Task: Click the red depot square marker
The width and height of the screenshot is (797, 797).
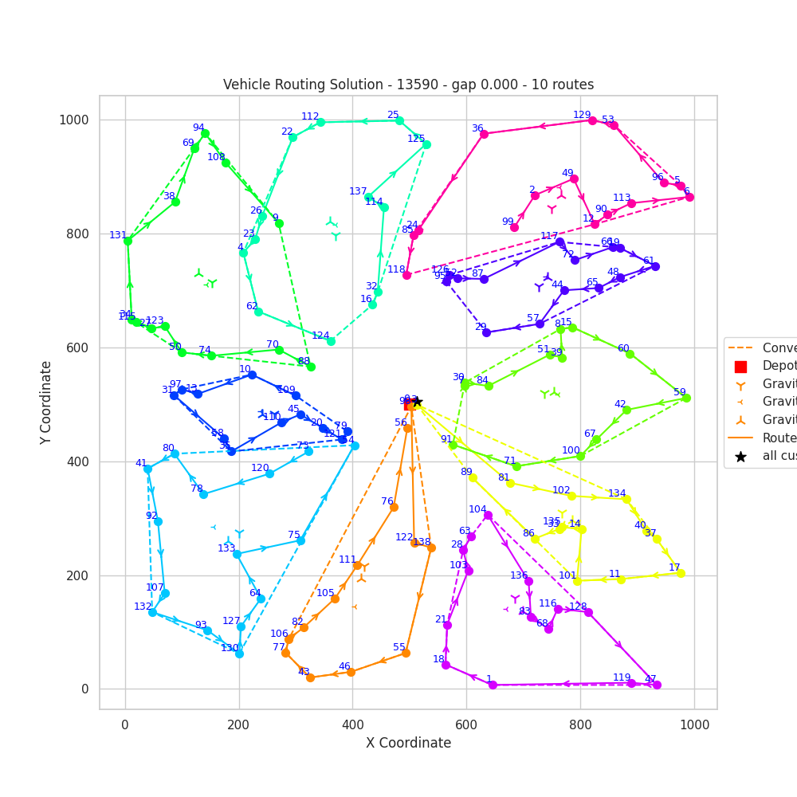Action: pyautogui.click(x=410, y=404)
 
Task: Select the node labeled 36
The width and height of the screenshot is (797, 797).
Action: pyautogui.click(x=484, y=134)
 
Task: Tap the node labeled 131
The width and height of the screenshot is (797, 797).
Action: pyautogui.click(x=128, y=241)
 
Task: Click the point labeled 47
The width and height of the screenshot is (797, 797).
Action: pyautogui.click(x=657, y=685)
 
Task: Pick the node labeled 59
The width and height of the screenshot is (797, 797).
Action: pyautogui.click(x=686, y=398)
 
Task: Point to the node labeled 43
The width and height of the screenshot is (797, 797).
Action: pyautogui.click(x=310, y=677)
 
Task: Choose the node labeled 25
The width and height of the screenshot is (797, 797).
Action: pyautogui.click(x=399, y=120)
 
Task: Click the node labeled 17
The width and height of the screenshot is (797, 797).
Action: pyautogui.click(x=681, y=573)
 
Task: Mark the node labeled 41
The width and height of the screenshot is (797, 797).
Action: pyautogui.click(x=147, y=469)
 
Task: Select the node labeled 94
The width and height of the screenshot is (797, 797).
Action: pyautogui.click(x=205, y=133)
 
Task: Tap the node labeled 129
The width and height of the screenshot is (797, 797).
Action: pyautogui.click(x=592, y=120)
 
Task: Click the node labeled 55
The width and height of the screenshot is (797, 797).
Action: pyautogui.click(x=406, y=653)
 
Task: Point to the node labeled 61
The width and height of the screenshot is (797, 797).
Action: pyautogui.click(x=655, y=266)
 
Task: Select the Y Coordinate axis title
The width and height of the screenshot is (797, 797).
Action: pyautogui.click(x=47, y=402)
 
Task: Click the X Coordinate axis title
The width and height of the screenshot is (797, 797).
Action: pyautogui.click(x=408, y=744)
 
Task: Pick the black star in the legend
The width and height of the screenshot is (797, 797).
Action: pyautogui.click(x=740, y=457)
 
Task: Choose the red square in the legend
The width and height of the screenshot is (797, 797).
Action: pyautogui.click(x=740, y=367)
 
